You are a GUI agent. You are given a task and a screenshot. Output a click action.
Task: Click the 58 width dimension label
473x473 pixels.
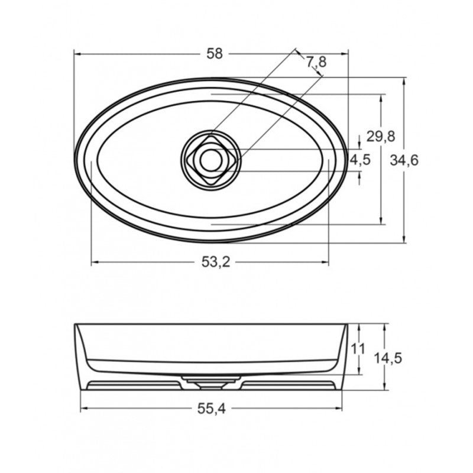[x=215, y=54]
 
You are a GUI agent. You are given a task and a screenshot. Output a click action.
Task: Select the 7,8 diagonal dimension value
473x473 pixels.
[x=316, y=61]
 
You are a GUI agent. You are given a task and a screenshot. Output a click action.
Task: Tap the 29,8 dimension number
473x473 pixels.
[x=381, y=137]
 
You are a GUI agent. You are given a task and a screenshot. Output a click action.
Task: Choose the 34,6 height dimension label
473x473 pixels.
[x=405, y=160]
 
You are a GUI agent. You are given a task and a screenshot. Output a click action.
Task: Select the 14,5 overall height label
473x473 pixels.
[x=388, y=358]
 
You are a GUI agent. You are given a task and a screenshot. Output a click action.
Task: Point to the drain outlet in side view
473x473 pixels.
[x=210, y=384]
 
